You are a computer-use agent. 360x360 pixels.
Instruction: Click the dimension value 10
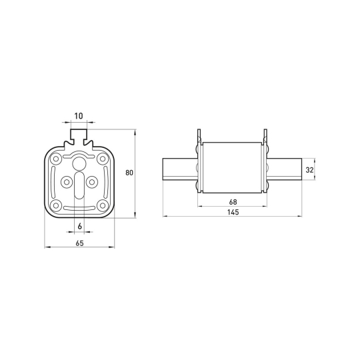[x=79, y=116]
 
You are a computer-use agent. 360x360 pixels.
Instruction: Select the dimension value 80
[x=129, y=173]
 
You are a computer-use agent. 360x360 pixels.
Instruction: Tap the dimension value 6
[x=80, y=227]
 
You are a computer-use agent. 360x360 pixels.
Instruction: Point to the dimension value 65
[x=79, y=243]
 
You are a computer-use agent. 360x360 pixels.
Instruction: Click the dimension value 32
[x=309, y=170]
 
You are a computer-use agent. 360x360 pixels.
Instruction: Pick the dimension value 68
[x=233, y=202]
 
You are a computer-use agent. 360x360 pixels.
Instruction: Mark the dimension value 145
[x=233, y=212]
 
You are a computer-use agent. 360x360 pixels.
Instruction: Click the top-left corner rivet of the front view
[x=56, y=159]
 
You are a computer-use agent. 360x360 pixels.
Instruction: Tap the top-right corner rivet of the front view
[x=103, y=159]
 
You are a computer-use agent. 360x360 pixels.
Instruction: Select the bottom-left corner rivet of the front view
[x=56, y=205]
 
